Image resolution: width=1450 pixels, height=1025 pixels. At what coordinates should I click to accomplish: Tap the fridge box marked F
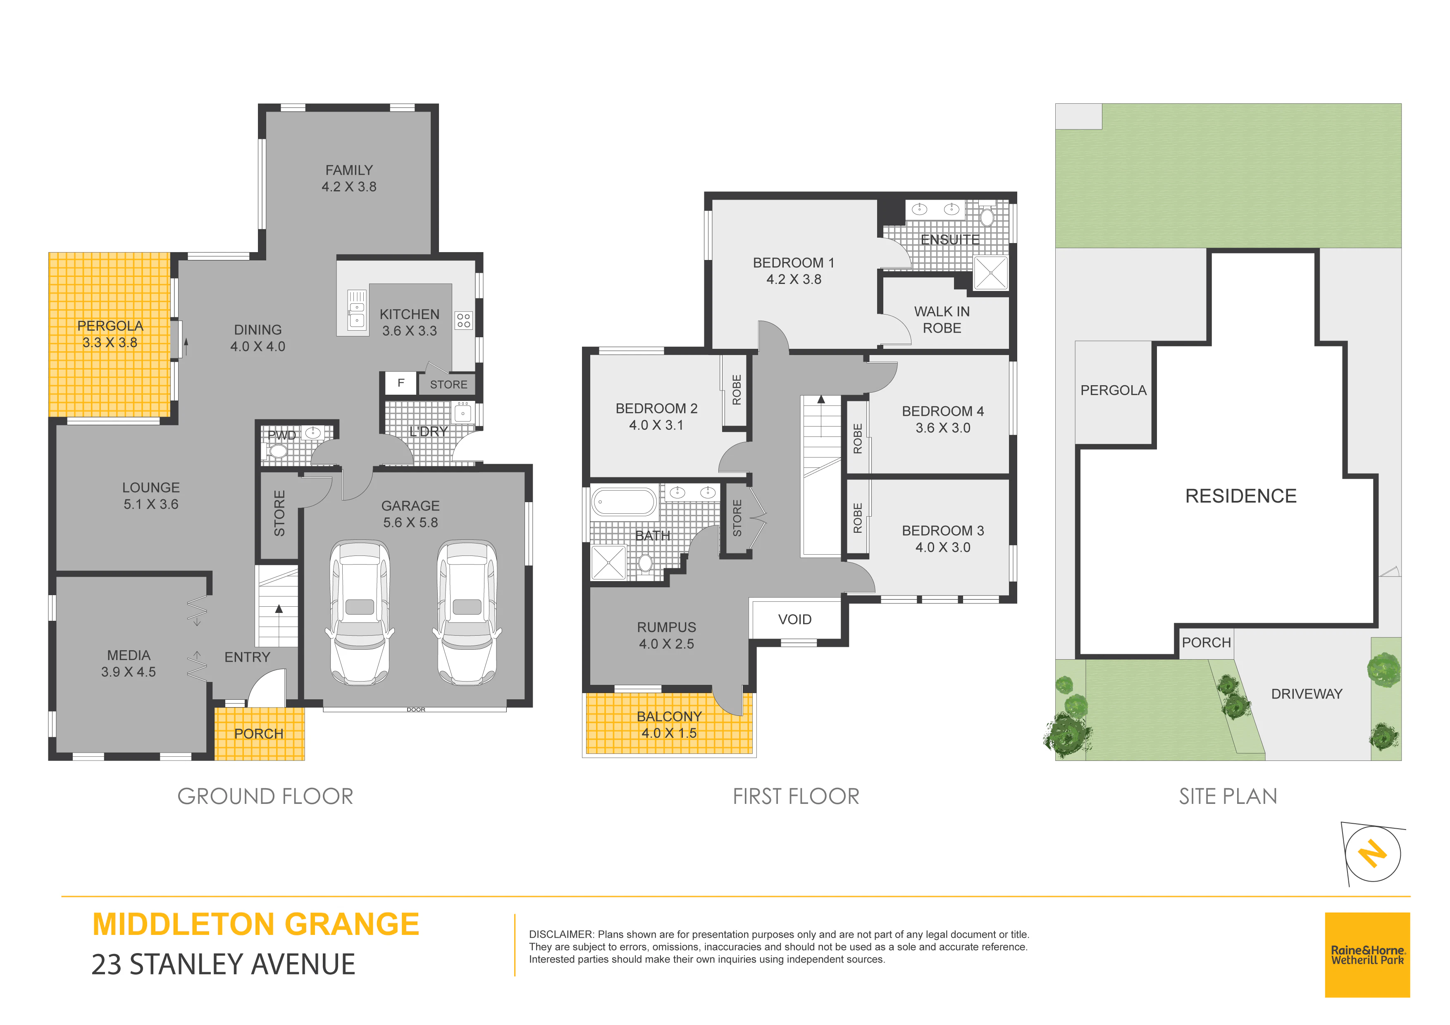tap(401, 383)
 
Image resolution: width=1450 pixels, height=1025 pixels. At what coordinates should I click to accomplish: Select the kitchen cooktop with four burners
tap(463, 320)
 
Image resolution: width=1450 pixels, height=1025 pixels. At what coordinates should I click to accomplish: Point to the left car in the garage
tap(359, 612)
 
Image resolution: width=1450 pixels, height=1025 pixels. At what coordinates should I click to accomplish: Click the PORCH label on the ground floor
tap(259, 734)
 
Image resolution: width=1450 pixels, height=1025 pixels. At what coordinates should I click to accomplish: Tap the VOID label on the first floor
tap(794, 620)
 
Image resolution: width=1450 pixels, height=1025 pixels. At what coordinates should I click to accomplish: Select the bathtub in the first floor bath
tap(624, 503)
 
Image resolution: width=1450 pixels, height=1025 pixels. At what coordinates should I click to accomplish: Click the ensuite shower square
tap(990, 273)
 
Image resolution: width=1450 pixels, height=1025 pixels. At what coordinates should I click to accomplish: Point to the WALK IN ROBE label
tap(942, 319)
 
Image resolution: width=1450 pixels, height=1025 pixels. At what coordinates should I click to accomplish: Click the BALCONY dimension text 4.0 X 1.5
tap(669, 733)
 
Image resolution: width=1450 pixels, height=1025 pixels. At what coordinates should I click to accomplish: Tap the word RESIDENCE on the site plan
tap(1240, 496)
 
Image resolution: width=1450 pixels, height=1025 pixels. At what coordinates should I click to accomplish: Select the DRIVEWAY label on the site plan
tap(1307, 694)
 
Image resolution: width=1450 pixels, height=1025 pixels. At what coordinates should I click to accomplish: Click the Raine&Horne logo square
tap(1367, 955)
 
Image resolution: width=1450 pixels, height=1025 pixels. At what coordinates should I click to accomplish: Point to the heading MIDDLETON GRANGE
tap(256, 925)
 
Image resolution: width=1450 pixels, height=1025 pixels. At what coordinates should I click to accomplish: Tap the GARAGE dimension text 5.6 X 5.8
tap(410, 522)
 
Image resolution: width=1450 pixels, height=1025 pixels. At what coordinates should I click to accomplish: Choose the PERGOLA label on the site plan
tap(1114, 390)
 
